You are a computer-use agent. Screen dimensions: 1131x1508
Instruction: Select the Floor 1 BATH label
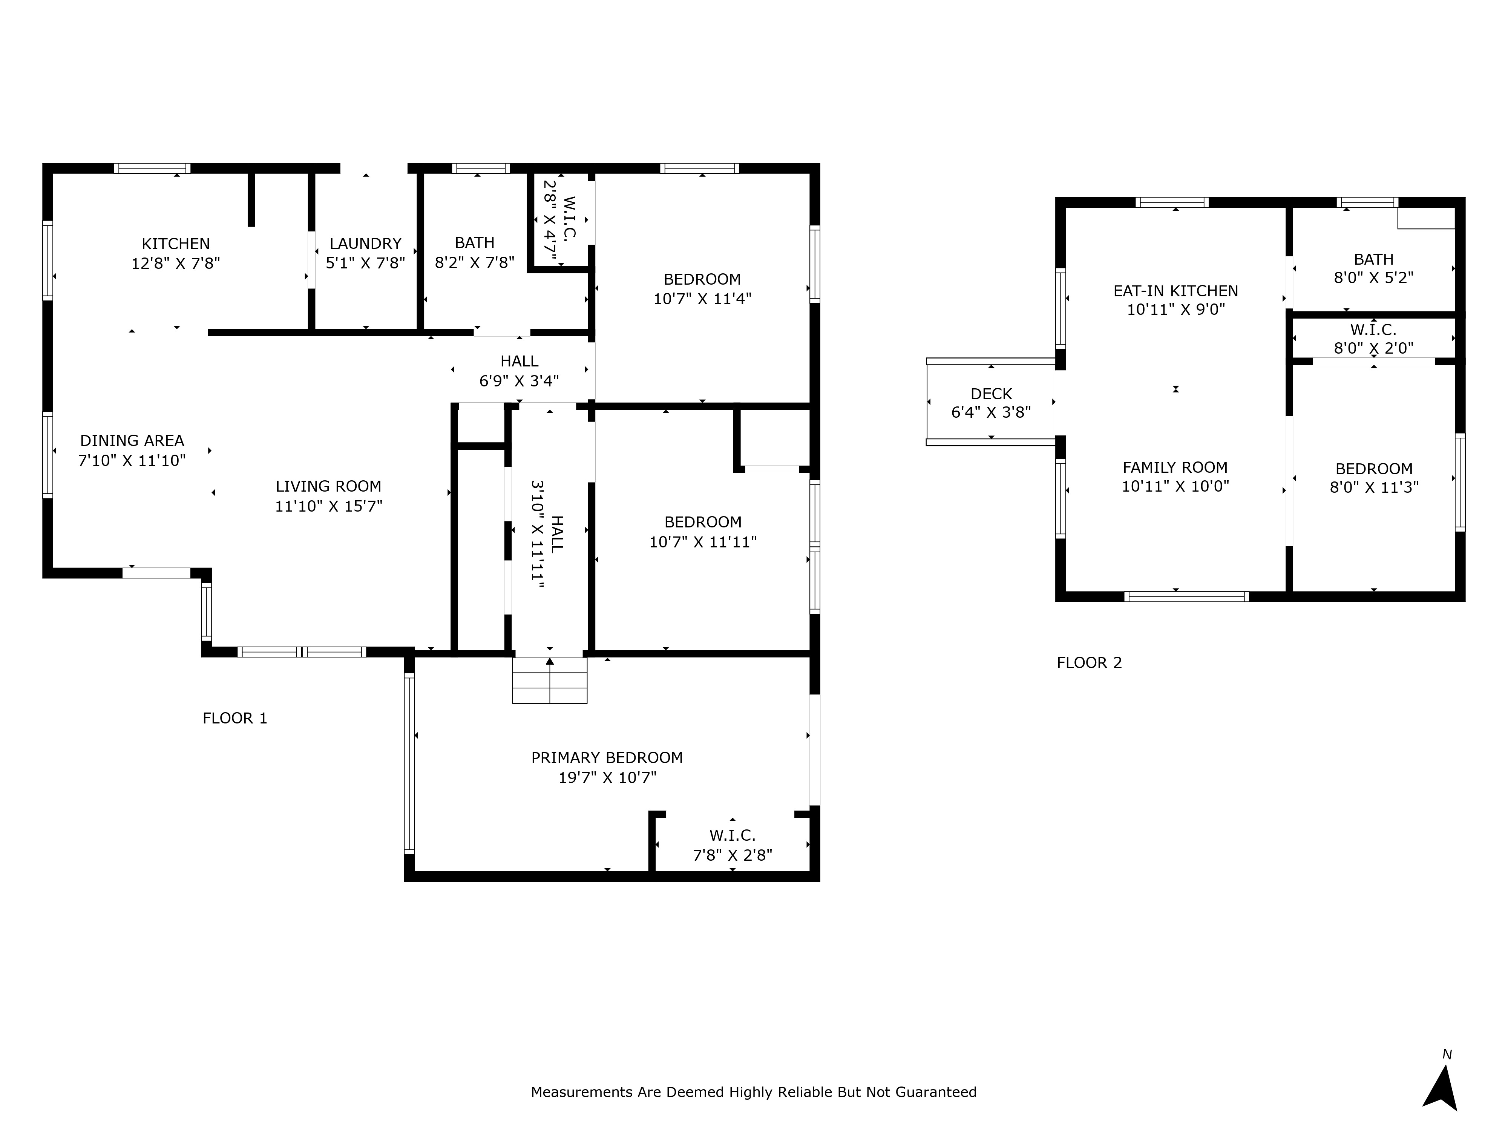pos(475,243)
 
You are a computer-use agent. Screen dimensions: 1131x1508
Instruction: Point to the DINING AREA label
pos(132,440)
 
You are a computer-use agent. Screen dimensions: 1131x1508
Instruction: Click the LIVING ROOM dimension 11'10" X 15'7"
pos(329,506)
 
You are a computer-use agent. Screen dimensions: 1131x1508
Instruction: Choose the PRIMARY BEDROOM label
pos(607,757)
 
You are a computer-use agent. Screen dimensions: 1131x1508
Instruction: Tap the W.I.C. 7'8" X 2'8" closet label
pos(732,845)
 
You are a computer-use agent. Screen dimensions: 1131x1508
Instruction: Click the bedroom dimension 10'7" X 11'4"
pos(702,299)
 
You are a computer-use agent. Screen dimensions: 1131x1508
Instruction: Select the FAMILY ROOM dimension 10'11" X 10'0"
pos(1175,486)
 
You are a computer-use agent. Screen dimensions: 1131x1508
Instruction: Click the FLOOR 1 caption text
pos(234,718)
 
